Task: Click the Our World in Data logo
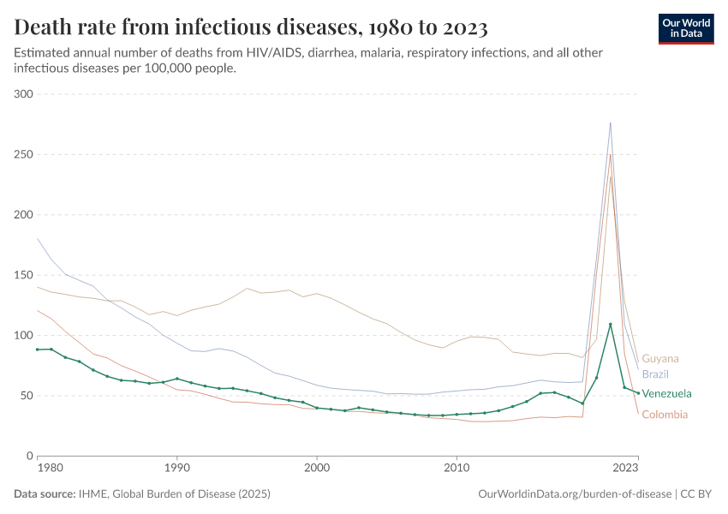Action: pyautogui.click(x=686, y=28)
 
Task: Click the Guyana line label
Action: pyautogui.click(x=660, y=359)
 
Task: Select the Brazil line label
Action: pyautogui.click(x=655, y=374)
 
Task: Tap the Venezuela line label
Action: pyautogui.click(x=666, y=394)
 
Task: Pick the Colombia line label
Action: pyautogui.click(x=665, y=415)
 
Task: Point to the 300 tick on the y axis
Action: pyautogui.click(x=22, y=94)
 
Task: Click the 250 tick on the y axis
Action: pyautogui.click(x=22, y=154)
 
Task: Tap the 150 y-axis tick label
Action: pyautogui.click(x=22, y=275)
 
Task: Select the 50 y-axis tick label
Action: pyautogui.click(x=25, y=396)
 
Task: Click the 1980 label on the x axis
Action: pyautogui.click(x=50, y=469)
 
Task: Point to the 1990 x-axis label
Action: pyautogui.click(x=177, y=469)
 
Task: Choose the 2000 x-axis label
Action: pyautogui.click(x=317, y=469)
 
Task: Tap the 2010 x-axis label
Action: pyautogui.click(x=456, y=469)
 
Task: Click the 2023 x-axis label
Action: pyautogui.click(x=625, y=469)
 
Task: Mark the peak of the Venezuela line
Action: pyautogui.click(x=611, y=324)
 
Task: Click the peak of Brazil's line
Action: pyautogui.click(x=611, y=123)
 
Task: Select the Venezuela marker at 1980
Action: pyautogui.click(x=38, y=350)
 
